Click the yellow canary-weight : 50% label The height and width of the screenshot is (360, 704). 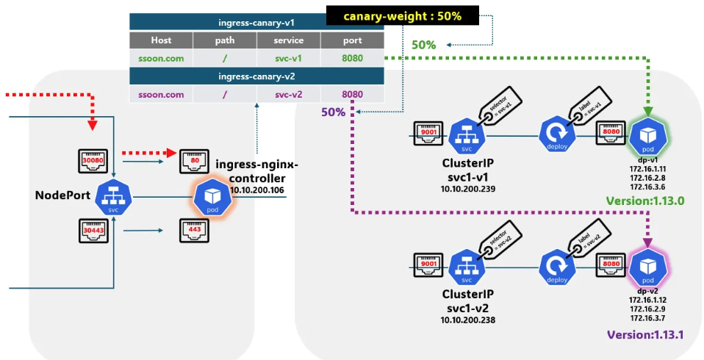402,15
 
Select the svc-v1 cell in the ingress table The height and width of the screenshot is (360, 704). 288,58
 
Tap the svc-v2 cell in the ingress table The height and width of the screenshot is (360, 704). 288,94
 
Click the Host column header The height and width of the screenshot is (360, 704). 161,40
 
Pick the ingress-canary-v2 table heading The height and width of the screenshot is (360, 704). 256,76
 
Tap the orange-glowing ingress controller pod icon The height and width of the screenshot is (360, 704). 212,197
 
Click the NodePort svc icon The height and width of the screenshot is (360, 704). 113,197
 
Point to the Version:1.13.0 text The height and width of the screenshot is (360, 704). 644,201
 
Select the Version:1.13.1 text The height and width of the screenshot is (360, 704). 646,334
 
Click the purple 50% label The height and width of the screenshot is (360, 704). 333,112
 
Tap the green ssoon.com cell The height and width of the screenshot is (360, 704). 161,58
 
